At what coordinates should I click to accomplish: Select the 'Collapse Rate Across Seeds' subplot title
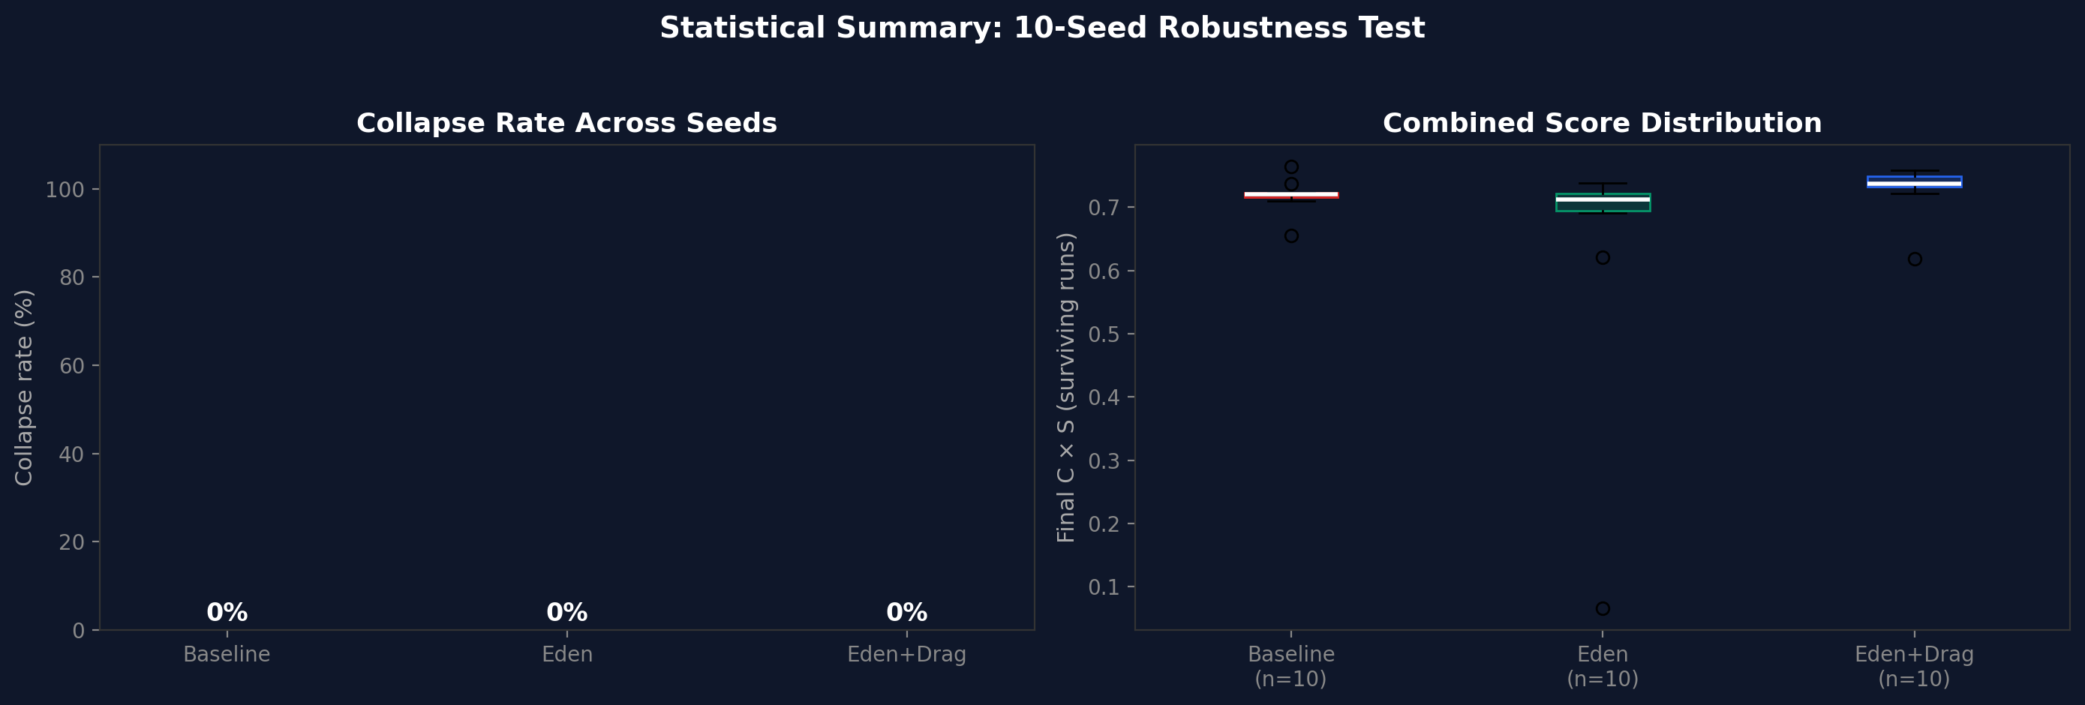[566, 123]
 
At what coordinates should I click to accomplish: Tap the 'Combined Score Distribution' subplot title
[1602, 123]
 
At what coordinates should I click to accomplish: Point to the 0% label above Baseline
[227, 613]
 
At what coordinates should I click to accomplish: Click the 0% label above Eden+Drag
[906, 613]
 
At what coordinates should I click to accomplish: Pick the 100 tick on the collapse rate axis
[65, 190]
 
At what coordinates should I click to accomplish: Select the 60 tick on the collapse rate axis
[71, 366]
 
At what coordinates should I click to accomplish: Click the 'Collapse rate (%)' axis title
[24, 388]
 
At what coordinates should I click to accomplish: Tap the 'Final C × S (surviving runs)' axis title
[1066, 388]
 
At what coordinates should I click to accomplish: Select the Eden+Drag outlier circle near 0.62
[1914, 259]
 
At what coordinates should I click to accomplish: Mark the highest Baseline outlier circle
[1291, 167]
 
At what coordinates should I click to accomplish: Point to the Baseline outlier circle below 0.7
[1291, 236]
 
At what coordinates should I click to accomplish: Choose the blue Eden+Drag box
[1914, 181]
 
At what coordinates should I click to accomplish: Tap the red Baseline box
[1291, 195]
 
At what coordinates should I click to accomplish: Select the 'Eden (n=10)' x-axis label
[1603, 666]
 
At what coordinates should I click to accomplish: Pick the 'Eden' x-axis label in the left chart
[566, 654]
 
